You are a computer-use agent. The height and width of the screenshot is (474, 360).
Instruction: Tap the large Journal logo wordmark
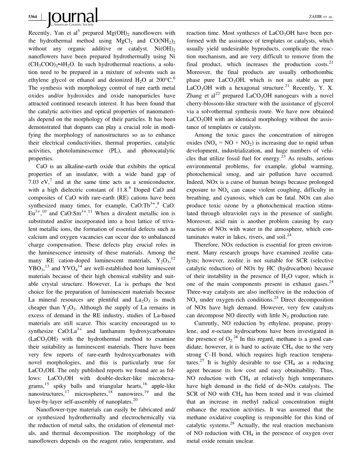tap(72, 17)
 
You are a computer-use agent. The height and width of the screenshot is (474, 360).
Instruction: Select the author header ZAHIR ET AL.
tap(322, 17)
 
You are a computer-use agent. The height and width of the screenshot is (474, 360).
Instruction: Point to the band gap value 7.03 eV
tap(37, 182)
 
